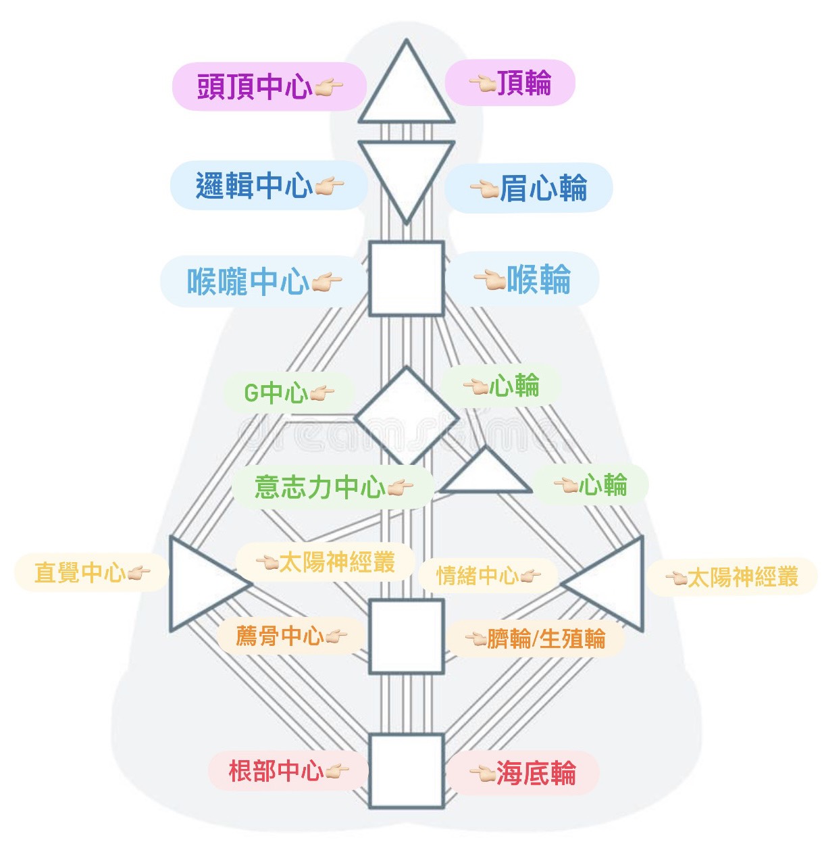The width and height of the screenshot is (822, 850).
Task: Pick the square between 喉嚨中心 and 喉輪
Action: coord(406,278)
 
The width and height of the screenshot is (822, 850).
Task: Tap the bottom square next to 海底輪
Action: coord(406,770)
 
